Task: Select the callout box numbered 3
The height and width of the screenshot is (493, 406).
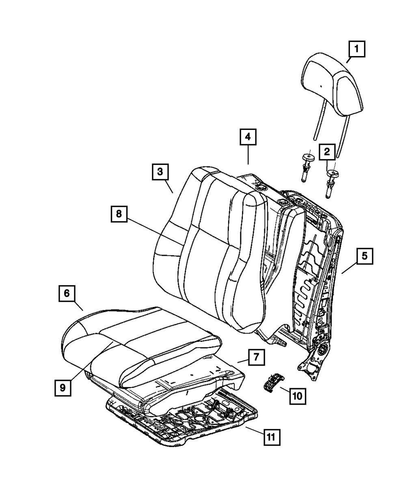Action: coord(160,172)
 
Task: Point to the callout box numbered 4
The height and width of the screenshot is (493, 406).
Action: coord(248,137)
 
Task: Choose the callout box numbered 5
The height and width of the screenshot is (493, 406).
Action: coord(364,256)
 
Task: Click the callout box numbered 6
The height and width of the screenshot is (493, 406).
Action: coord(67,293)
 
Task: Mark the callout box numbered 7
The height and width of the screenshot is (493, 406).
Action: coord(256,358)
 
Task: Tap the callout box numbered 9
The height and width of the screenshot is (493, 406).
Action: coord(62,387)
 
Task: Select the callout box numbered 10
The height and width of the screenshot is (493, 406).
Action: coord(298,395)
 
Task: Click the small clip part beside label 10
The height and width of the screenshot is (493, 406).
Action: coord(271,382)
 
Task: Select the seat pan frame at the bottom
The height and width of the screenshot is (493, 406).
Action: coord(183,422)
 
